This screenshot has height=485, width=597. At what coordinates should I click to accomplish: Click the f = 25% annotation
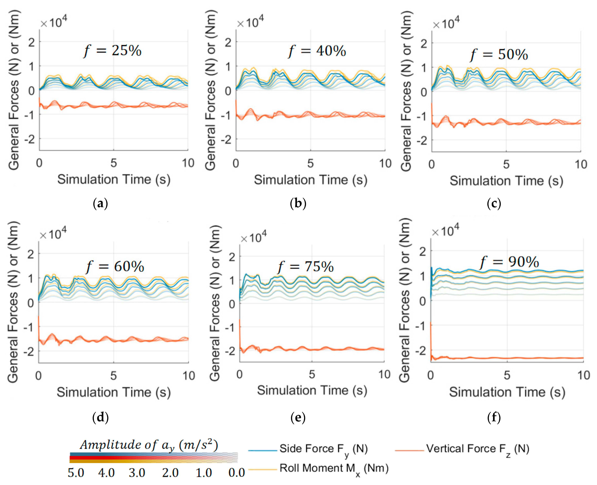tap(113, 51)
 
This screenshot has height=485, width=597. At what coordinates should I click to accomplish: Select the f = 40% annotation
tap(317, 51)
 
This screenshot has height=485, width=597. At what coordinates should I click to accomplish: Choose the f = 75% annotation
tap(306, 267)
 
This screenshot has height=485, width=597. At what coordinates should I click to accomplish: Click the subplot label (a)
tap(100, 203)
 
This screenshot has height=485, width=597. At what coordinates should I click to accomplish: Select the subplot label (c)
tap(494, 203)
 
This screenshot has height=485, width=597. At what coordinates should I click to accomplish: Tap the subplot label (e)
tap(298, 417)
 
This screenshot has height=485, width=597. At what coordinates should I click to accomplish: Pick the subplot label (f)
tap(494, 417)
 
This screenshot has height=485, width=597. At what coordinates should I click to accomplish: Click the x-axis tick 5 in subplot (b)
tap(310, 163)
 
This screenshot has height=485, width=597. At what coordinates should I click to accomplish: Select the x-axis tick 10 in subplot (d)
tap(189, 376)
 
